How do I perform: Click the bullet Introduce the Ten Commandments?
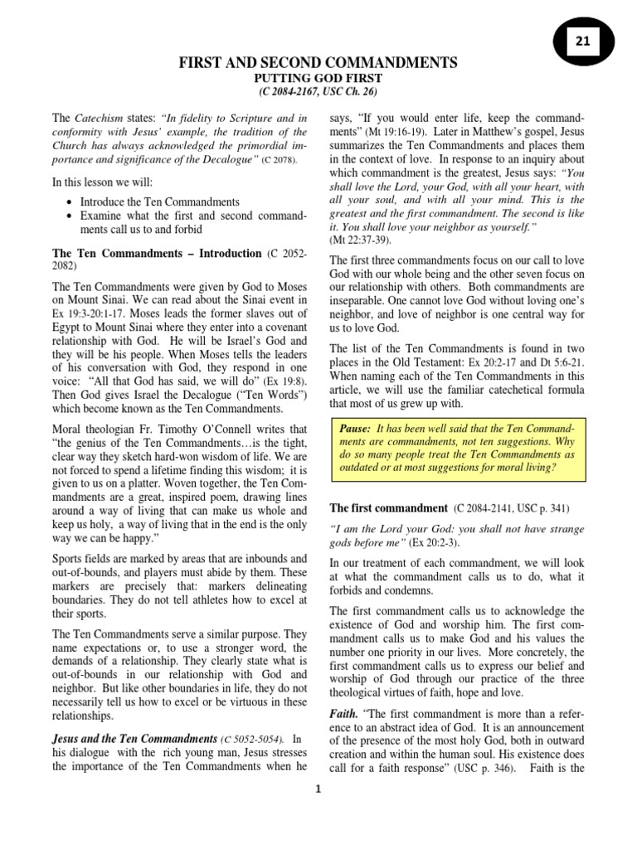(x=160, y=201)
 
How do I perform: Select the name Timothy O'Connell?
(x=241, y=429)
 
